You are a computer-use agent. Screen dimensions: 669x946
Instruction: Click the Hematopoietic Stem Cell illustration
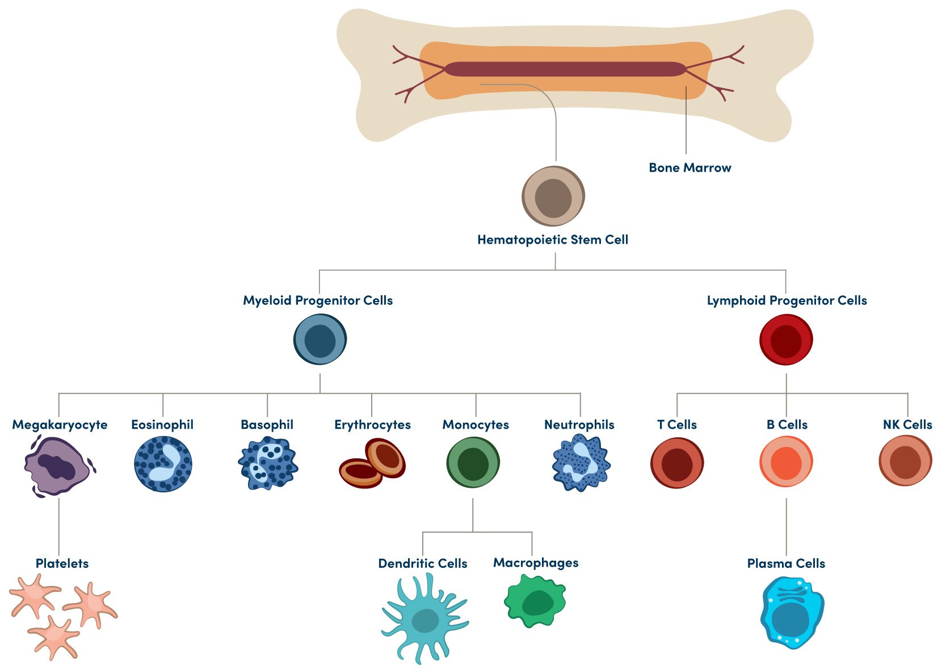[553, 196]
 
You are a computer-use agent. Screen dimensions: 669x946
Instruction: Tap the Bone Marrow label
[689, 168]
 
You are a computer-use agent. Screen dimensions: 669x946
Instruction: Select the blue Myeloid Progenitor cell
[320, 340]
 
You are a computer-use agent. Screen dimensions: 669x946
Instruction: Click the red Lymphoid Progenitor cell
[786, 340]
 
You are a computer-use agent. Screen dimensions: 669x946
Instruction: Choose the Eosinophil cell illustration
[163, 463]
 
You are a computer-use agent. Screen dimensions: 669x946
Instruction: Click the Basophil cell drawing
[268, 463]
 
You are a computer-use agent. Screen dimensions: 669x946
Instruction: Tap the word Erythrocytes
[372, 425]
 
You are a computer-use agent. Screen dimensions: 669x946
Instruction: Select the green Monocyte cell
[473, 462]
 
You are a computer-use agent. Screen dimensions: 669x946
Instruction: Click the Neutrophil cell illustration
[581, 462]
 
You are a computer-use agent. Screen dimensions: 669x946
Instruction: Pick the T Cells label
[676, 425]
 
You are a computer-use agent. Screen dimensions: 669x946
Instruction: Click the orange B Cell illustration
[786, 462]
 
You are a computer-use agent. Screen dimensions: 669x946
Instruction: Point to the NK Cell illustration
[905, 461]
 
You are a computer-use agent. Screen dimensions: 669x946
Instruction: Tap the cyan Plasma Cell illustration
[791, 613]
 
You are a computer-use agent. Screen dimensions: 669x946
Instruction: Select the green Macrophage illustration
[535, 601]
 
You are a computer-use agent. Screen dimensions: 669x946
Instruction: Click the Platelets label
[62, 563]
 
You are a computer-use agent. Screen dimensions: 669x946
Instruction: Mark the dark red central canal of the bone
[565, 69]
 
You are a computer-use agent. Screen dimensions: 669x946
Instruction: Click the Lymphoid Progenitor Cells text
[787, 300]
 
